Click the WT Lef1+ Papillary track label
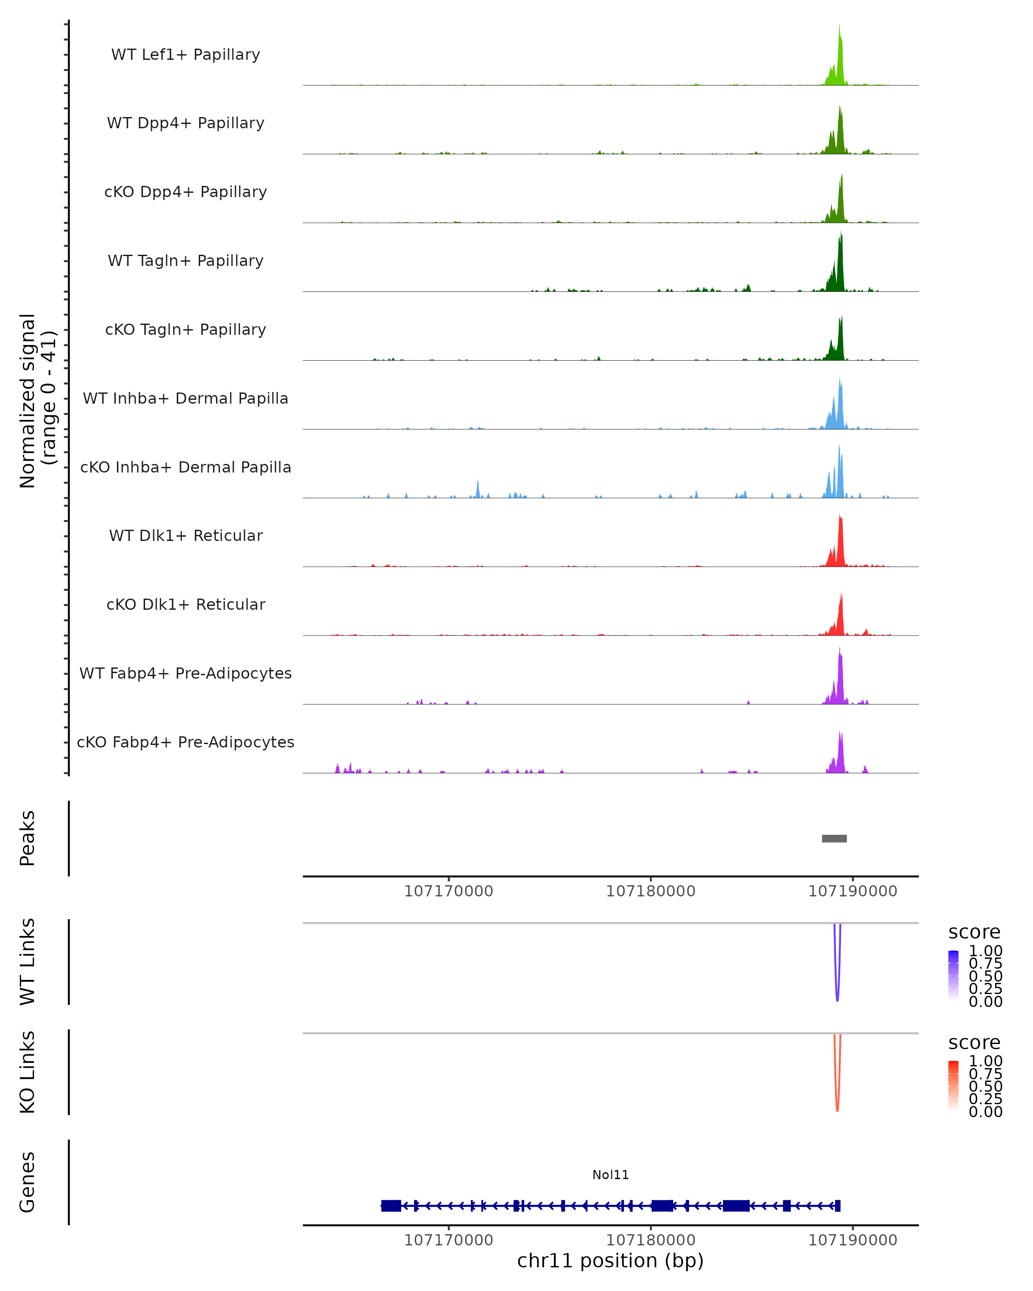[x=186, y=55]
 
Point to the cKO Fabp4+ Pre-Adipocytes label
[x=186, y=742]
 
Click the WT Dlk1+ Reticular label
[x=186, y=535]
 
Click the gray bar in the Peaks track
[x=834, y=838]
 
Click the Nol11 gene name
[x=610, y=1175]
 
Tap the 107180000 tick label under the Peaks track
[x=650, y=891]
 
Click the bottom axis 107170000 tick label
[x=448, y=1240]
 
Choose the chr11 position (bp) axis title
[x=610, y=1260]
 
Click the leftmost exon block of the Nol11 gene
[x=391, y=1205]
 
